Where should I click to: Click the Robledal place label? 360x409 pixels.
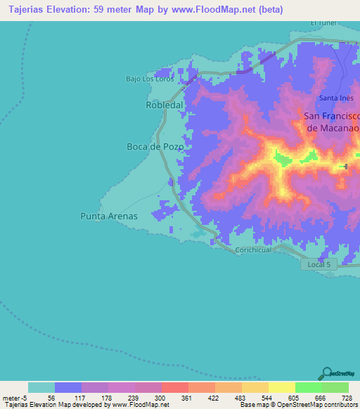[x=164, y=105]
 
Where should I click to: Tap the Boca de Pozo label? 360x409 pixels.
[x=155, y=147]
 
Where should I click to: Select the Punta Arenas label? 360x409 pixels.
[x=109, y=216]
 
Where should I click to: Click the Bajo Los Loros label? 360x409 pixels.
[x=149, y=78]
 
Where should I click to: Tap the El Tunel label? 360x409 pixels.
[x=325, y=22]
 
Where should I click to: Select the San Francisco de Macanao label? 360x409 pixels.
[x=332, y=122]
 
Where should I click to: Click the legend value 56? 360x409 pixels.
[x=51, y=397]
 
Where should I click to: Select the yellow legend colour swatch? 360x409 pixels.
[x=281, y=387]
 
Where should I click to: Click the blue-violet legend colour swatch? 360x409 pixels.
[x=68, y=387]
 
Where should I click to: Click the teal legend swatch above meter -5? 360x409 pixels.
[x=41, y=387]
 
